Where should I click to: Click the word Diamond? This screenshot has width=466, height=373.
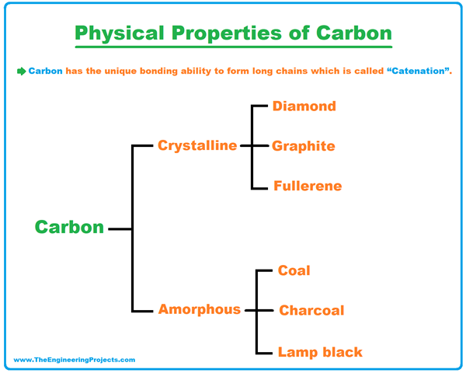point(304,106)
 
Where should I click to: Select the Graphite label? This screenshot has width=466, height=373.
point(303,146)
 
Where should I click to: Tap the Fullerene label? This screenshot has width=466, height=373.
point(307,186)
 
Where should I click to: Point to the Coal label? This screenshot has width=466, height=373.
point(294,270)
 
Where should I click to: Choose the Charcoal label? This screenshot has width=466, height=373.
point(311,311)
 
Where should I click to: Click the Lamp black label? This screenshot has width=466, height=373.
point(320,352)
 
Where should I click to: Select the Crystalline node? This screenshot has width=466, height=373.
point(197,145)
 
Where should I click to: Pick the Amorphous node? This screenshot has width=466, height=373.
point(200,309)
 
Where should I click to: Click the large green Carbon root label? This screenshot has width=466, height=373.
point(69,228)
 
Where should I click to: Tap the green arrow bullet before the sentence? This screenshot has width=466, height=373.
point(21,71)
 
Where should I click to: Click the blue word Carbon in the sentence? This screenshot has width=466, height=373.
point(46,71)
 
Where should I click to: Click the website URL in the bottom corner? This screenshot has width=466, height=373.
point(75,360)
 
